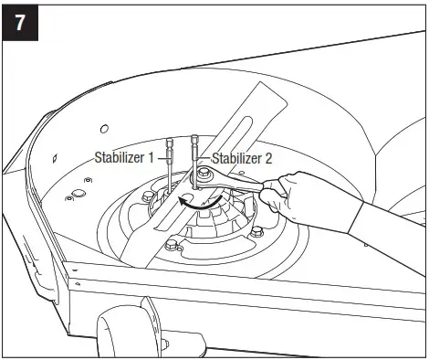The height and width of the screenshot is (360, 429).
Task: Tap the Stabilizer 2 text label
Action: click(242, 157)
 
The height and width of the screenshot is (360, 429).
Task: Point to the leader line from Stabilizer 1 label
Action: click(167, 157)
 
